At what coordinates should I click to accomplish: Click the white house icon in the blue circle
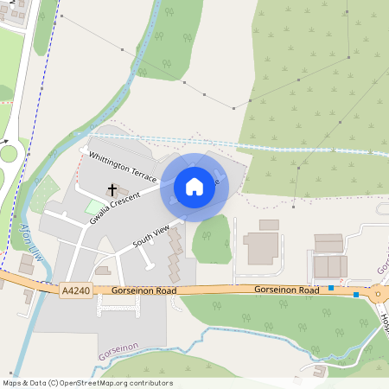click(194, 186)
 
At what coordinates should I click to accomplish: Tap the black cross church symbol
click(112, 188)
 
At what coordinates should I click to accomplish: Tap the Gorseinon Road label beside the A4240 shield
click(143, 291)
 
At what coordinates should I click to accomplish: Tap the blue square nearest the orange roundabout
click(356, 295)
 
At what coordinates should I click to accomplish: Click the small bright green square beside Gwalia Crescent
click(92, 207)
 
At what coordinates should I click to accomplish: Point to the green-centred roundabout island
click(8, 155)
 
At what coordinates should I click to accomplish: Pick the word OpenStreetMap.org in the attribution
click(100, 383)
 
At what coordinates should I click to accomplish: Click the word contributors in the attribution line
click(152, 383)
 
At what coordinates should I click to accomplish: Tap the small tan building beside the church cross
click(123, 191)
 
